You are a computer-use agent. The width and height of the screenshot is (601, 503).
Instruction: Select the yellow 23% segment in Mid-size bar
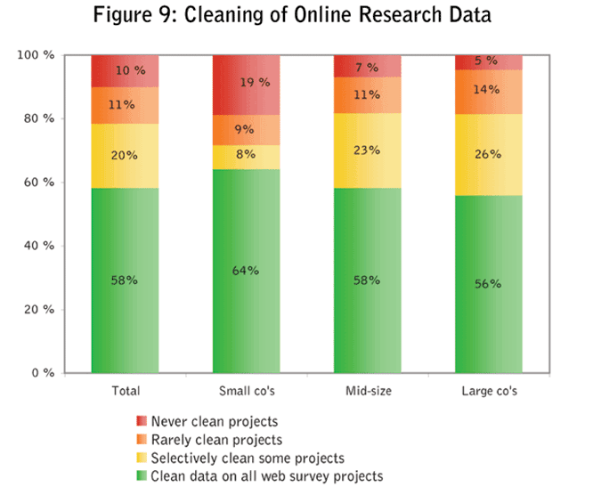click(368, 150)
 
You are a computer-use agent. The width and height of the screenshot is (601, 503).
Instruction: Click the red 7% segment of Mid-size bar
click(368, 66)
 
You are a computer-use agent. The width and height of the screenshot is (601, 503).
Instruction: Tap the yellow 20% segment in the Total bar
click(125, 156)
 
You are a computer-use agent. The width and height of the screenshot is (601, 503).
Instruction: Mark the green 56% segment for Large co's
click(489, 283)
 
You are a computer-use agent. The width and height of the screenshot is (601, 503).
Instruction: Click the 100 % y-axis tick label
click(35, 55)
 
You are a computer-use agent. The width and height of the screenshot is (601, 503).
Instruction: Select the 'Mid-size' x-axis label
click(367, 390)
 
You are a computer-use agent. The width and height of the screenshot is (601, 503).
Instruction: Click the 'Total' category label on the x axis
click(125, 390)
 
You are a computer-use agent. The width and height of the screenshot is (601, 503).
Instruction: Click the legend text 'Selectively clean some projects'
click(248, 458)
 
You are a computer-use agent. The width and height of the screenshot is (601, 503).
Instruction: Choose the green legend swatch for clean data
click(142, 476)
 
